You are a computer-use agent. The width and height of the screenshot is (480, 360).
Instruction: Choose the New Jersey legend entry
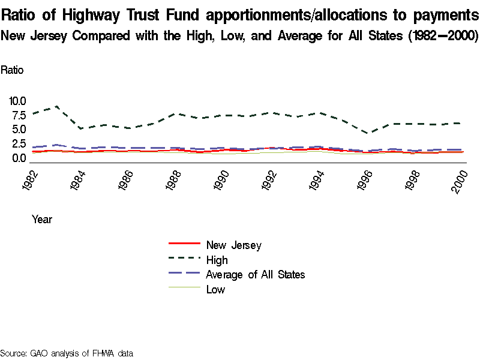click(233, 245)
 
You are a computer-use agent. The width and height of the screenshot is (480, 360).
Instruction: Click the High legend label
click(217, 260)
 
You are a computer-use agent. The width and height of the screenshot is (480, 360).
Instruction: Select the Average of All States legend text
click(255, 275)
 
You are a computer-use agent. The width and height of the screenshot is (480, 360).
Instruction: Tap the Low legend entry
click(215, 290)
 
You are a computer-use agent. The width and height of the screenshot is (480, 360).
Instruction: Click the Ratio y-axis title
click(12, 70)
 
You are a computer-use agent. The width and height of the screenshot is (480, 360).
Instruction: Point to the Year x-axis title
click(42, 220)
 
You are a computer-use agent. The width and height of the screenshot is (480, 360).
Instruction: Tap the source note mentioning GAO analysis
click(66, 353)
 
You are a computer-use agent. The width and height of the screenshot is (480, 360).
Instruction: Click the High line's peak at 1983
click(57, 106)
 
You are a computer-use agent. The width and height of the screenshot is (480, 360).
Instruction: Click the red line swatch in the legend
click(184, 244)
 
